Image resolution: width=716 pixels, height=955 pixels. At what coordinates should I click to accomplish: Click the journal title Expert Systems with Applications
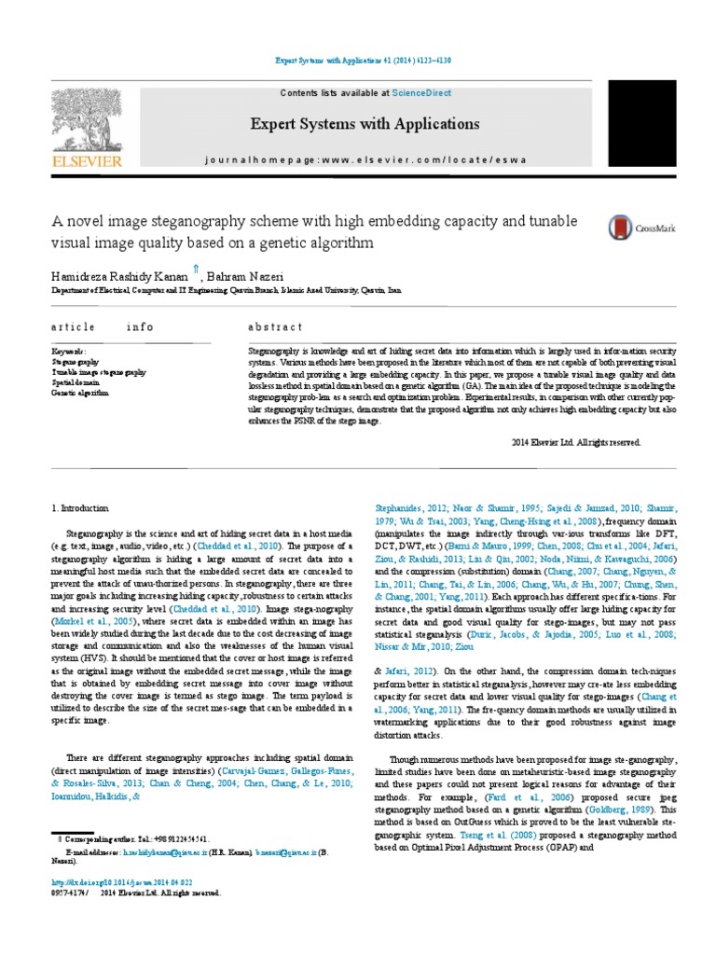[364, 124]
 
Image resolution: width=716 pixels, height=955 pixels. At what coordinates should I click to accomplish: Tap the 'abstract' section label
[275, 327]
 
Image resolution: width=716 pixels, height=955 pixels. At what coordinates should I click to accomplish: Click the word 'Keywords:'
[68, 352]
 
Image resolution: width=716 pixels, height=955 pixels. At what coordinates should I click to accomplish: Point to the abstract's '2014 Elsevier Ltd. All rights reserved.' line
[577, 443]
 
